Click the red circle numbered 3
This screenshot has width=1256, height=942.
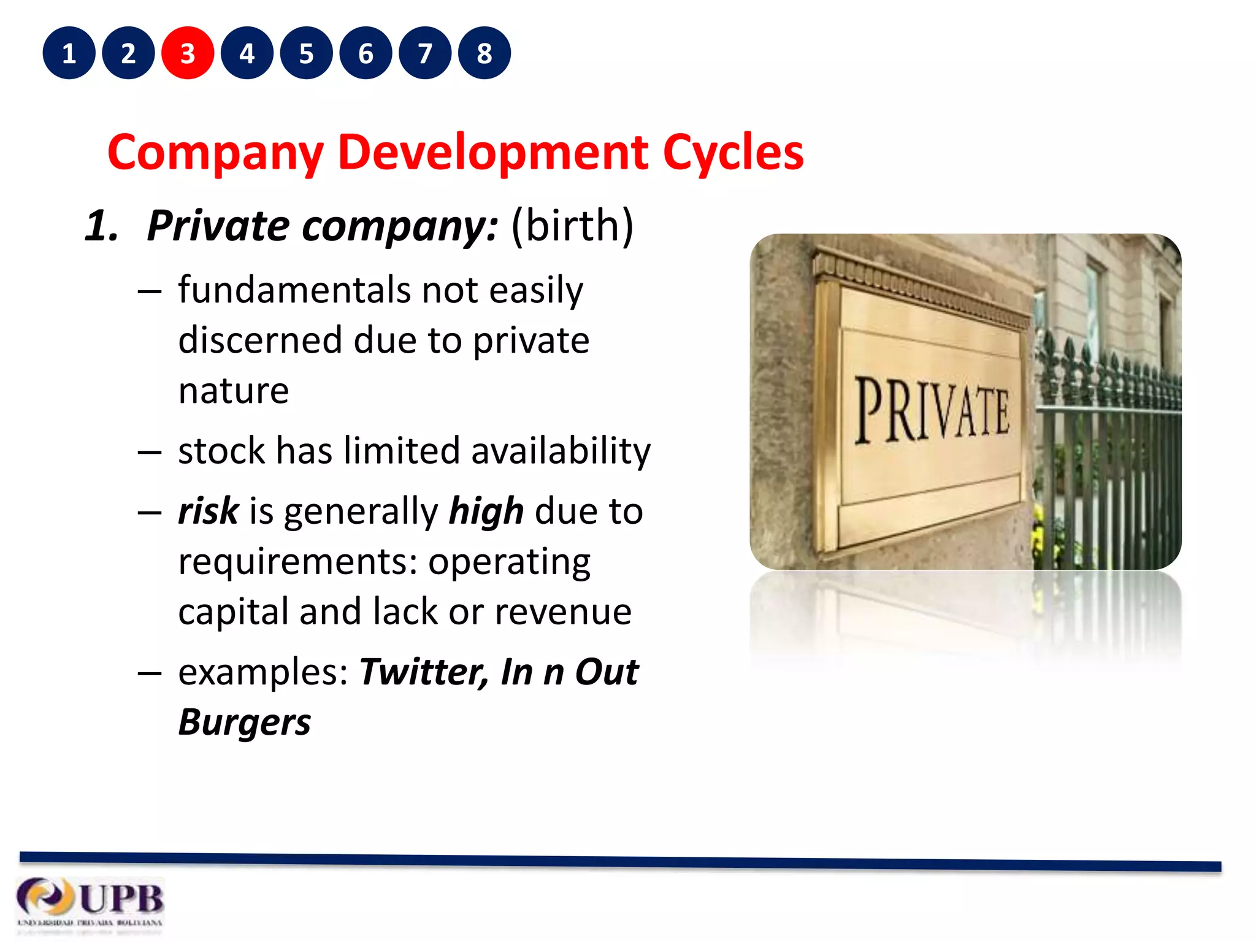188,53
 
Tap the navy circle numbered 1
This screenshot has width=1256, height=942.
69,53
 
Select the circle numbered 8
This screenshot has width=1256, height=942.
484,53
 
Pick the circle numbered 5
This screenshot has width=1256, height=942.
307,53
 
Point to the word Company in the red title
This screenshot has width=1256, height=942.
215,153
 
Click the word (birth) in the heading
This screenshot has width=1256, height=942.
572,226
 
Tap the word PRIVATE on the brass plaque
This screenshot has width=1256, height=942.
932,409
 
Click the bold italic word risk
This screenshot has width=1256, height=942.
208,511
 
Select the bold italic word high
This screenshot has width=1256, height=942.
486,512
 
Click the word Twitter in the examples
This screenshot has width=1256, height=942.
424,672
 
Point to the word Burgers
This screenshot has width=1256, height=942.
244,722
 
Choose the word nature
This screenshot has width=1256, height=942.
233,391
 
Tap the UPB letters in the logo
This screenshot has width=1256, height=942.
121,899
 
